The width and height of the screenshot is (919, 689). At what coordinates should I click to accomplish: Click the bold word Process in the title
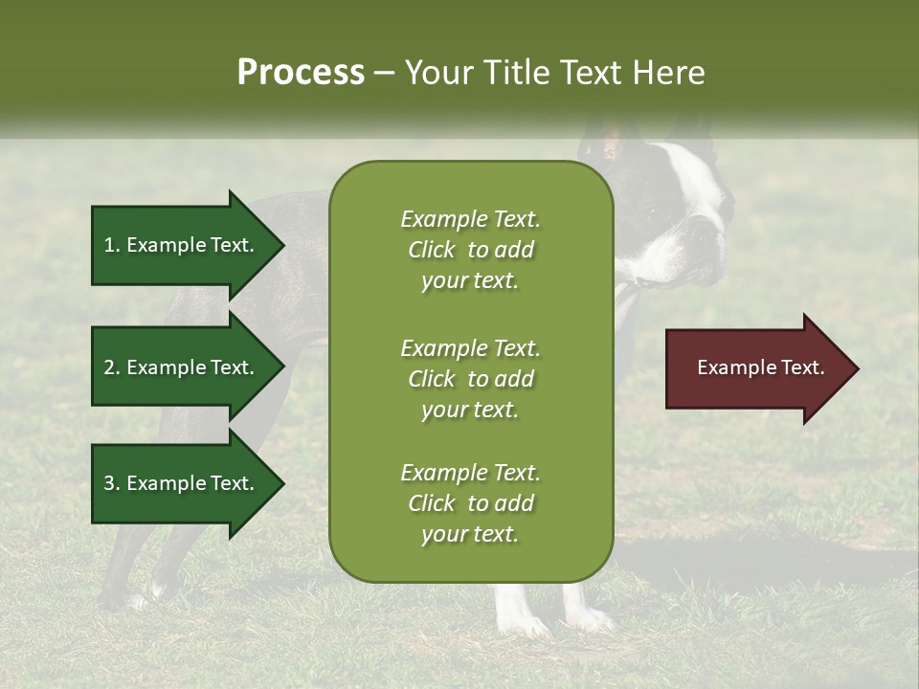pyautogui.click(x=301, y=73)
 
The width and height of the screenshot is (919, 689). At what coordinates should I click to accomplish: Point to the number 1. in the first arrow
pyautogui.click(x=112, y=245)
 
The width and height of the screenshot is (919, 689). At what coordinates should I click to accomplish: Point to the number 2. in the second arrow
pyautogui.click(x=112, y=367)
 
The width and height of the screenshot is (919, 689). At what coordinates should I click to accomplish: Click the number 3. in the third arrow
pyautogui.click(x=112, y=483)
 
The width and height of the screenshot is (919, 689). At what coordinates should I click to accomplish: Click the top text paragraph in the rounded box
pyautogui.click(x=470, y=250)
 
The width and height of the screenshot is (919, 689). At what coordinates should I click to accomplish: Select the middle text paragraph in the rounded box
pyautogui.click(x=470, y=379)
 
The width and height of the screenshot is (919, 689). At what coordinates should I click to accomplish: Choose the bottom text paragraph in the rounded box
pyautogui.click(x=470, y=503)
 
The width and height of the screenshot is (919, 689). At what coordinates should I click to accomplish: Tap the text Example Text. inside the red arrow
pyautogui.click(x=761, y=367)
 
